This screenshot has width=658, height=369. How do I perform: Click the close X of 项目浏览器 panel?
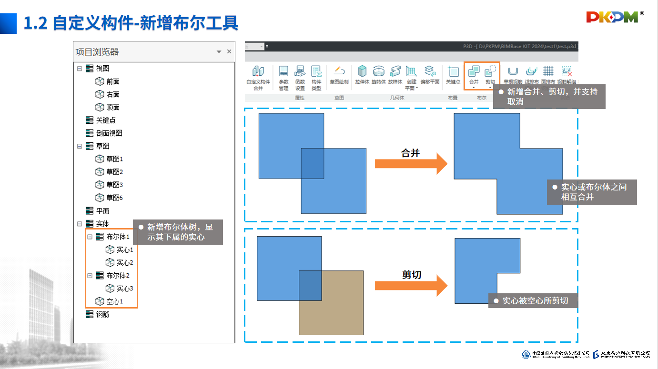click(x=229, y=51)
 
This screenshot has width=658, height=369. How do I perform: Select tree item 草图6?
click(x=114, y=198)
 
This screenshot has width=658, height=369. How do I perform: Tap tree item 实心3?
click(x=124, y=289)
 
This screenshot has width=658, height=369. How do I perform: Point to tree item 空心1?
click(x=114, y=301)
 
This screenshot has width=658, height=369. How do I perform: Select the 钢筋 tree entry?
click(x=102, y=314)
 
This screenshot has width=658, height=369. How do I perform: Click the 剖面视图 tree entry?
click(x=109, y=133)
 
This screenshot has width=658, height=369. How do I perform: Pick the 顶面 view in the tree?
click(x=113, y=107)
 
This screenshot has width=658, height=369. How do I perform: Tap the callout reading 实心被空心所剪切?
click(x=535, y=301)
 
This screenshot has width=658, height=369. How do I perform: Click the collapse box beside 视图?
click(x=80, y=69)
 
